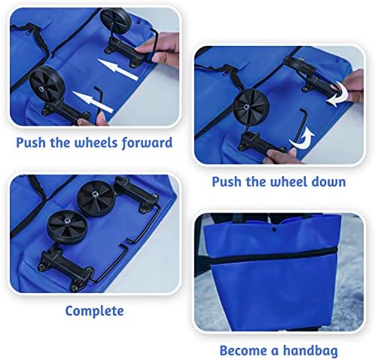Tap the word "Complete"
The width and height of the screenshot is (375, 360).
(94, 311)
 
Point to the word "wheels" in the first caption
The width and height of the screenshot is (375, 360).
(96, 142)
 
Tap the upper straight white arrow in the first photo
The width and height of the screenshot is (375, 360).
(117, 69)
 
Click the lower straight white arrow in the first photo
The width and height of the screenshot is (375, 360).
(93, 101)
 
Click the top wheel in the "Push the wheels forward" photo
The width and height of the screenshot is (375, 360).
(114, 20)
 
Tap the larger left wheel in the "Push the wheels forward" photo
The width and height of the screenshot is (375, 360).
(47, 84)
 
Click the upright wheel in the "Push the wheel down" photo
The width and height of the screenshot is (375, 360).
(251, 107)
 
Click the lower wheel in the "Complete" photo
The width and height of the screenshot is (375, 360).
(66, 227)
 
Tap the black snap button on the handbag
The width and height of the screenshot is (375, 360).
(274, 229)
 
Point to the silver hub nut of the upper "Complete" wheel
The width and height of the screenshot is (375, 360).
(95, 194)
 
